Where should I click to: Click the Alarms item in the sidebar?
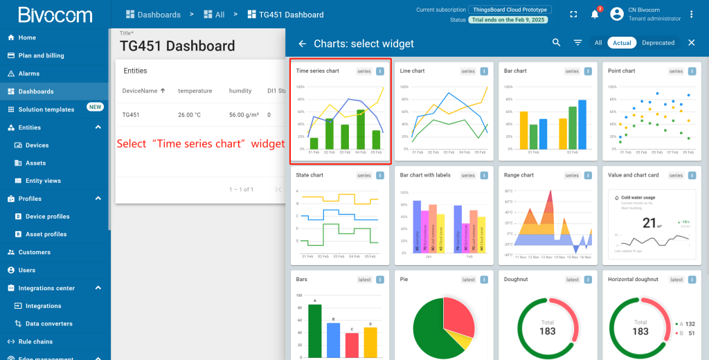tap(28, 73)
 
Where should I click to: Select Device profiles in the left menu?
tap(47, 217)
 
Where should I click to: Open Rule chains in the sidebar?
tap(35, 341)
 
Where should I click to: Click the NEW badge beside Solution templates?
tap(95, 107)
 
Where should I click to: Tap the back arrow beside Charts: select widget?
tap(302, 44)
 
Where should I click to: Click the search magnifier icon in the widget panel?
tap(557, 43)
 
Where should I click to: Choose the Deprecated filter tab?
tap(658, 43)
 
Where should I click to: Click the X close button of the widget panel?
tap(691, 43)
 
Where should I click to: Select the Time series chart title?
tap(317, 71)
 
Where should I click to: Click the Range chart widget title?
tap(519, 175)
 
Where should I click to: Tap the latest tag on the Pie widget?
tap(469, 280)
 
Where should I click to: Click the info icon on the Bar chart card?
tap(588, 71)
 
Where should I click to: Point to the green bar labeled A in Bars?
tap(315, 330)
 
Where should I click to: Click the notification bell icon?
tap(594, 15)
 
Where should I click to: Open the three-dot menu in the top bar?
tap(691, 15)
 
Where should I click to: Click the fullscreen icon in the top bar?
tap(573, 15)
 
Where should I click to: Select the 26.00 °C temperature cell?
tap(190, 115)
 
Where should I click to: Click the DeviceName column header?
tap(140, 91)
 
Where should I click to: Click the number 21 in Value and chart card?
tap(649, 222)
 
